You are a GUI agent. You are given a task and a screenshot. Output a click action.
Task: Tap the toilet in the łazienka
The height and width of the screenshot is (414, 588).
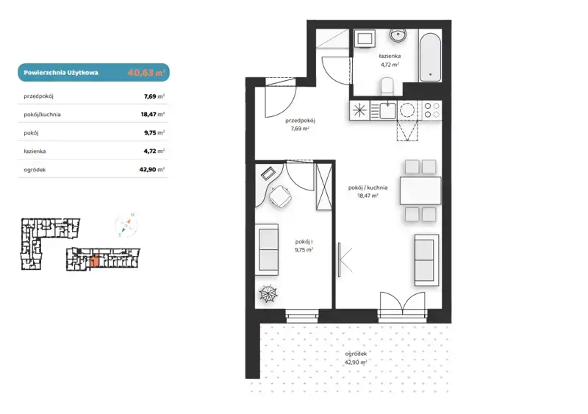coord(387,86)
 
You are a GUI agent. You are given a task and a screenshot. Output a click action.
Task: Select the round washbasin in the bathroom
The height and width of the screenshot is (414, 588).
coord(398,35)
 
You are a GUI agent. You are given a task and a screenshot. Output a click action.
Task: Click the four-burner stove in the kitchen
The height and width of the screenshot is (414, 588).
coord(432,111)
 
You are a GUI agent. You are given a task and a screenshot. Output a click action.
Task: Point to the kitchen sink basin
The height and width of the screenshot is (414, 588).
coord(387,110)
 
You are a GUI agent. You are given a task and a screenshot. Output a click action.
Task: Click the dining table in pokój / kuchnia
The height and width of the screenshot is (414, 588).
coord(420,190)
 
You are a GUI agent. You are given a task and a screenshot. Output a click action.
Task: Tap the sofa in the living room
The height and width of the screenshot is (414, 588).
coord(426,260)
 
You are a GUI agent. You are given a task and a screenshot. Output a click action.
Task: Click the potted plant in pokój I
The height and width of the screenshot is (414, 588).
coord(268,293)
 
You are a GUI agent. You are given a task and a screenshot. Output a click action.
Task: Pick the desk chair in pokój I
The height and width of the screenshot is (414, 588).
coord(280,196)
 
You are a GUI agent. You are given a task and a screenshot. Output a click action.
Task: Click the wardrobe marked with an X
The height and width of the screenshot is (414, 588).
coord(324,187)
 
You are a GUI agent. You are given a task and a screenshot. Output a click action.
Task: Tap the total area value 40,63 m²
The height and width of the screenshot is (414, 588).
coord(146,73)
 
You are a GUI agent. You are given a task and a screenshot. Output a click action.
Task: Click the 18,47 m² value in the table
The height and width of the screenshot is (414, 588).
coord(153,114)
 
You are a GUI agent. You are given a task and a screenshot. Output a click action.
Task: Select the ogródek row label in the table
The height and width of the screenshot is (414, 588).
coord(35,170)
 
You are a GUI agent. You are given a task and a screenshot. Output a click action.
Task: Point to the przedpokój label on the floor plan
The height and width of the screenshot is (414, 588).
coord(300,121)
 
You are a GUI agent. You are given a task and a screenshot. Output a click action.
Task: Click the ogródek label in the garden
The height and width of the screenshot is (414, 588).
coord(356,354)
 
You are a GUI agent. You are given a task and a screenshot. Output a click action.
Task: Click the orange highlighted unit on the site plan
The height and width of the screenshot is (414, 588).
coord(95,260)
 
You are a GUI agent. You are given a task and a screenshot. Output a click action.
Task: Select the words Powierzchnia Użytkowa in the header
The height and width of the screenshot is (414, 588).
coord(61,73)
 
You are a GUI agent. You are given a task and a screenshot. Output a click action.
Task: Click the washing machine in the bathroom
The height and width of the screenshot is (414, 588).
coord(364,38)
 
